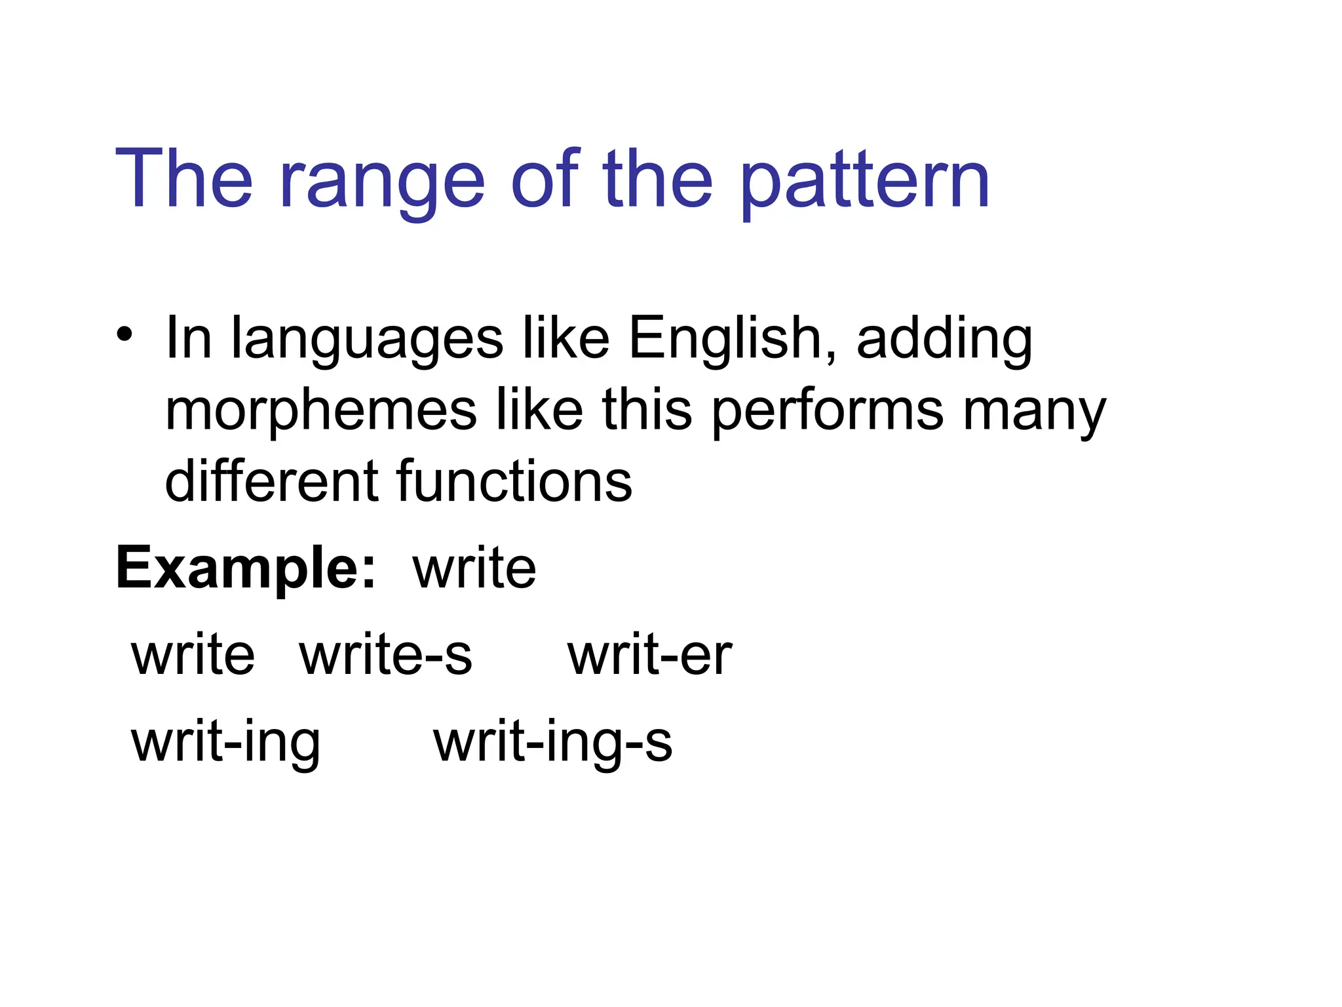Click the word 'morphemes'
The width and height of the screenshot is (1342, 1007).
click(321, 410)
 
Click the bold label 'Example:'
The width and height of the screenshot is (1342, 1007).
click(246, 569)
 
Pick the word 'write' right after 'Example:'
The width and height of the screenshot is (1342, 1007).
click(474, 568)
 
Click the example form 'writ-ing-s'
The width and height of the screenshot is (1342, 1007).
click(552, 743)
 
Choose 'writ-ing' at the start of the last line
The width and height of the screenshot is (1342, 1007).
click(225, 743)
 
